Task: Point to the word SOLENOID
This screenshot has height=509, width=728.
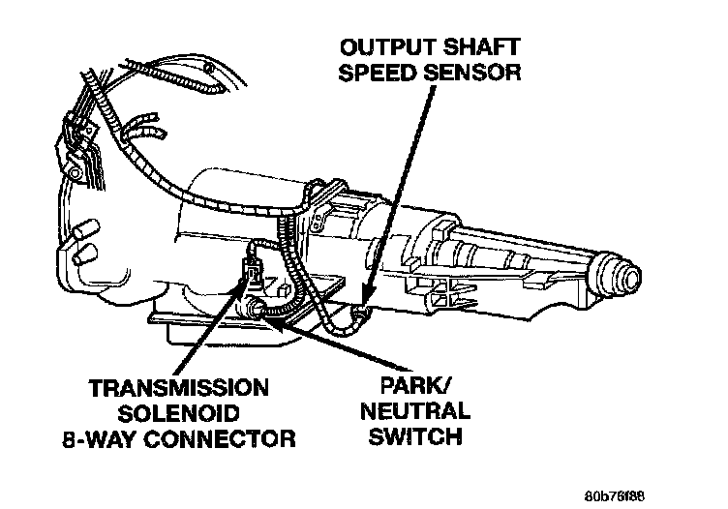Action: coord(178,413)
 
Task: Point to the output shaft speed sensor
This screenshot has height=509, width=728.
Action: coord(359,312)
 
